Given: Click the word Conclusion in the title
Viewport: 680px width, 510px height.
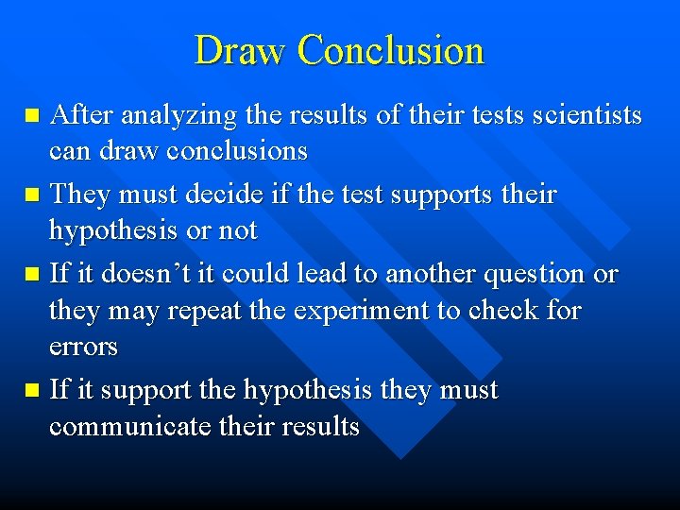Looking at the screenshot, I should click(390, 50).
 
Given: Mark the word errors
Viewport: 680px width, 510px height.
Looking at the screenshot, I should click(83, 348).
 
